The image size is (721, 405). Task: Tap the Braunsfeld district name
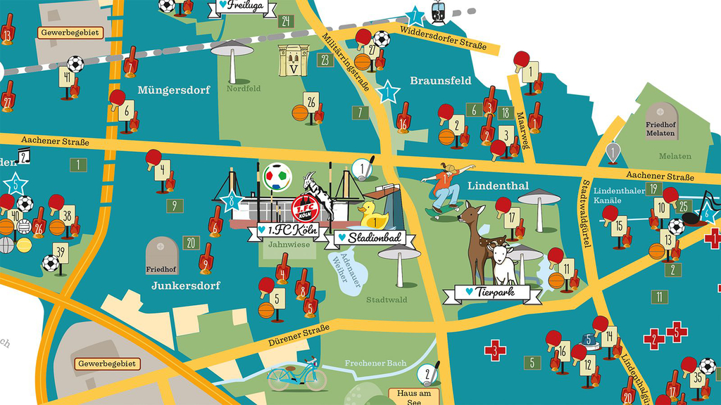(440, 81)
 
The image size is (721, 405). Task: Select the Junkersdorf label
(186, 285)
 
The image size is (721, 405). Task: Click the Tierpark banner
(492, 292)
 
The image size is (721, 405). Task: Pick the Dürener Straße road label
(299, 336)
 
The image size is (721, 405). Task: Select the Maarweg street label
(522, 126)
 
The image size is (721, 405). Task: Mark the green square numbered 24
(285, 21)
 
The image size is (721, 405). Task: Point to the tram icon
(440, 13)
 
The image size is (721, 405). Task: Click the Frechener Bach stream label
(375, 364)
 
